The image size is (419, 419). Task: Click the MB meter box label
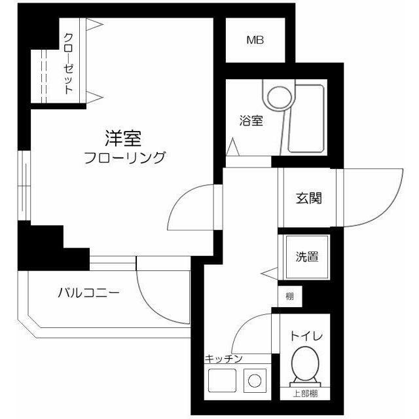click(x=255, y=40)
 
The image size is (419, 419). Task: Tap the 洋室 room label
click(x=123, y=138)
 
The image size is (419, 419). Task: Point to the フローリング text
click(x=125, y=157)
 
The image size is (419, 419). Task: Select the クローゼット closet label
click(x=69, y=64)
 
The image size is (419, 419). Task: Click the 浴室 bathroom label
click(x=251, y=120)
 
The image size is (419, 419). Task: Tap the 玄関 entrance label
click(x=309, y=198)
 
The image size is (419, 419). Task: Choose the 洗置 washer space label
click(x=307, y=257)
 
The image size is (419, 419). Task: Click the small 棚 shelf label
click(x=289, y=296)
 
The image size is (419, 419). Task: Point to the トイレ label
click(x=306, y=336)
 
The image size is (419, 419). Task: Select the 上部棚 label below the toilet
click(x=305, y=393)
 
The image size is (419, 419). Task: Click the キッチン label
click(x=223, y=358)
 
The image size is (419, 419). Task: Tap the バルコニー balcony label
click(x=89, y=293)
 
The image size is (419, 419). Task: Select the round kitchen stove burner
click(x=255, y=380)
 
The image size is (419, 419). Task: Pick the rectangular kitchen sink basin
click(x=222, y=380)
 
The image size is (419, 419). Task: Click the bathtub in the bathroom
click(x=306, y=118)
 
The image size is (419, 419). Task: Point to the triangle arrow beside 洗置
click(x=269, y=274)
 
